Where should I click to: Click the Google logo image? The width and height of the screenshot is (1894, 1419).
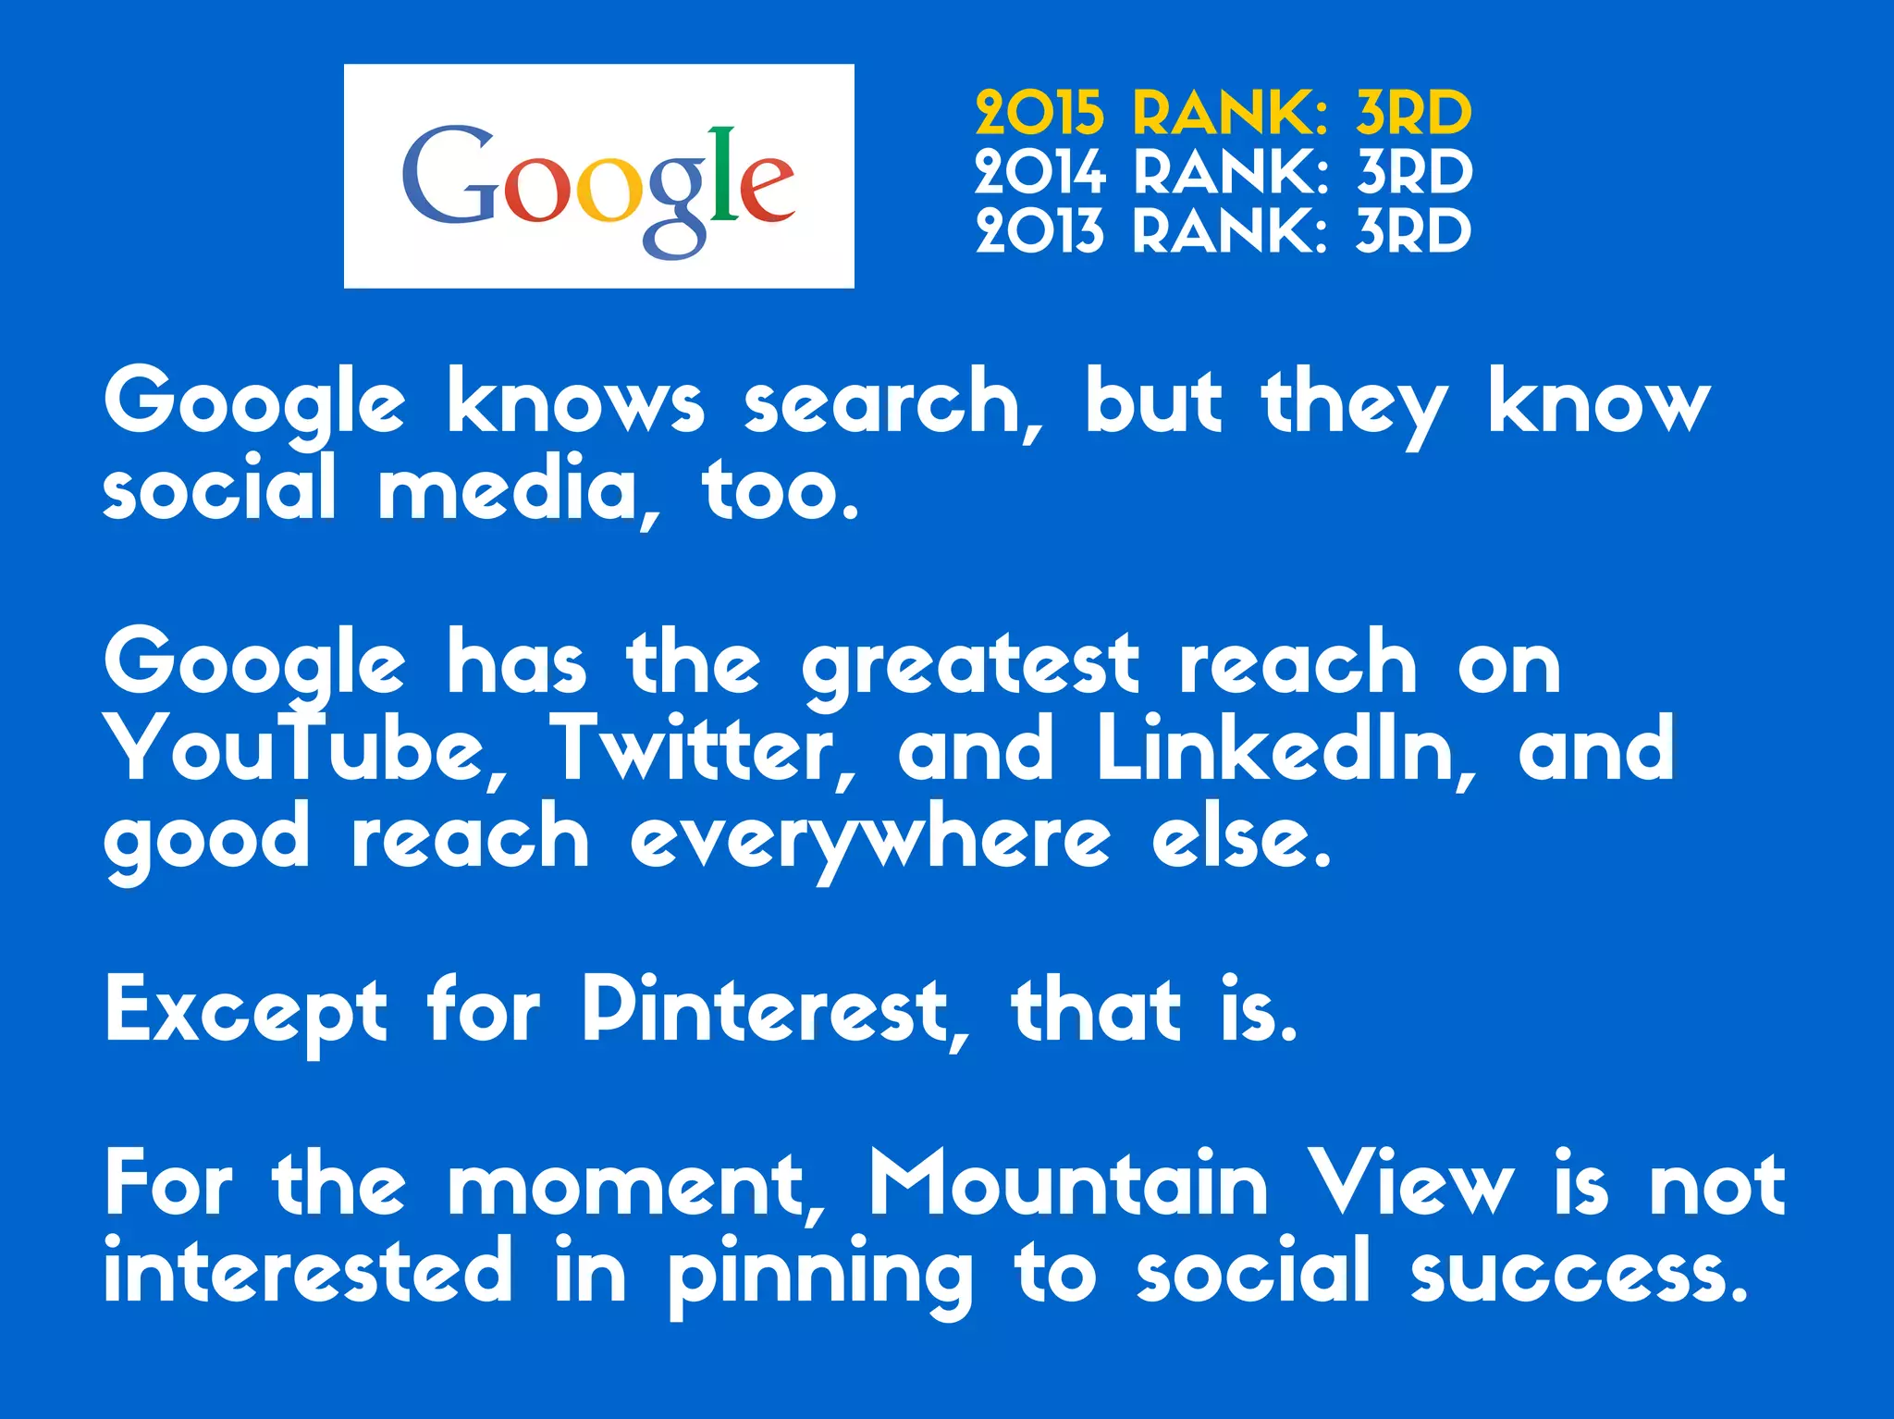point(598,176)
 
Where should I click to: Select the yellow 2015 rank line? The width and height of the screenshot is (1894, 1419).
point(1223,113)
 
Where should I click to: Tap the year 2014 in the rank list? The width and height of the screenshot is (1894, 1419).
point(1039,172)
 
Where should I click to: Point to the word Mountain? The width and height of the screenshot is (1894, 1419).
point(1068,1184)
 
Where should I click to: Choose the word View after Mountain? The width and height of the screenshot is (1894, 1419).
point(1413,1184)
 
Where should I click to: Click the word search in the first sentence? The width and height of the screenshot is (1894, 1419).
point(892,403)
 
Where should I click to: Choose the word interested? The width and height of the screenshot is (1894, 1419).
point(307,1271)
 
